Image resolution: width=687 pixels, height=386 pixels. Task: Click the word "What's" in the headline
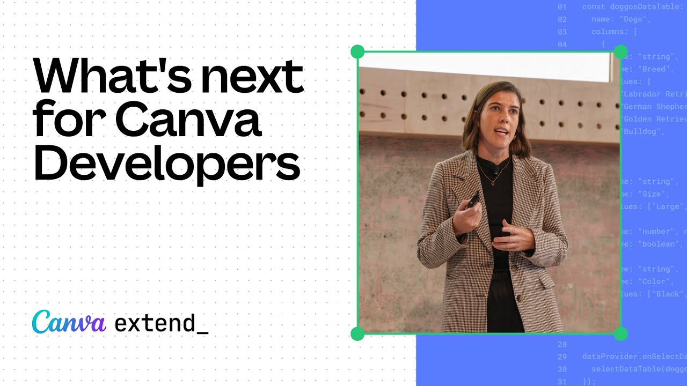107,77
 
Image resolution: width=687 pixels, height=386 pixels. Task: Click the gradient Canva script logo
69,322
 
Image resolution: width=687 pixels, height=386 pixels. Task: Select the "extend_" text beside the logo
161,323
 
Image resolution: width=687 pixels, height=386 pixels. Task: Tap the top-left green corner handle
357,52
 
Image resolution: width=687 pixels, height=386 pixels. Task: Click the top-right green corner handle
620,52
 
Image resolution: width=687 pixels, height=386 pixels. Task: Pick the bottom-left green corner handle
357,334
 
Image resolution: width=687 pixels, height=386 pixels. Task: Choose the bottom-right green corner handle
620,334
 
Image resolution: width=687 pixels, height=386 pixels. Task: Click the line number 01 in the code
562,7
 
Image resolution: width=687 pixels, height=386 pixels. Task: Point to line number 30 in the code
562,369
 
